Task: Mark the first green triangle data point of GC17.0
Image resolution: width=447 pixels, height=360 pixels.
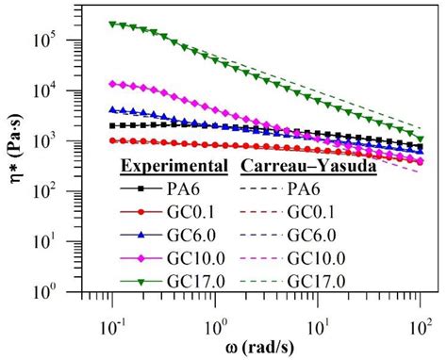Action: click(112, 25)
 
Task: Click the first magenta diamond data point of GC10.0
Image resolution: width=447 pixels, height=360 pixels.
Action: click(112, 83)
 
